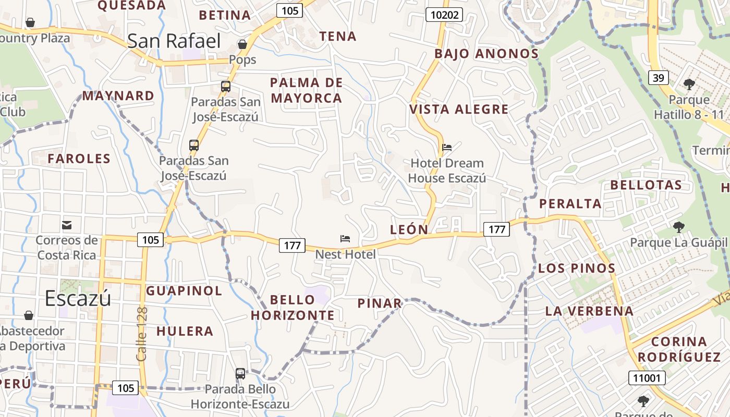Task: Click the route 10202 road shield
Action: (x=445, y=15)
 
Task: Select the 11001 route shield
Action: (x=647, y=378)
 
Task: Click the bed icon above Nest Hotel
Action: (x=345, y=239)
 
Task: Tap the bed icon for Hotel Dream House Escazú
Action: (x=447, y=147)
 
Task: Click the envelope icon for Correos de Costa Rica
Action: (x=67, y=225)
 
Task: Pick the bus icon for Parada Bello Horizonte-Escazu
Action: (x=240, y=373)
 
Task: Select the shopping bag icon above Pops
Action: (x=242, y=44)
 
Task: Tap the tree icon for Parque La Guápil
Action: (x=678, y=227)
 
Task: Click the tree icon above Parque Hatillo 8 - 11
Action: (x=689, y=84)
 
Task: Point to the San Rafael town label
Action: (x=174, y=41)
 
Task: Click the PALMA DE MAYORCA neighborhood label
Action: (x=307, y=90)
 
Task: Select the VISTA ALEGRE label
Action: (x=459, y=109)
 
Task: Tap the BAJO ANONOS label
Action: (x=486, y=54)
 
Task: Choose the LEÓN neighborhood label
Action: (x=409, y=229)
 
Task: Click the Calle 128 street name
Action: (x=142, y=334)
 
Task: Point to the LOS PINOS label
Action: (x=577, y=268)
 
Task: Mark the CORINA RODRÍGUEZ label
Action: (x=679, y=349)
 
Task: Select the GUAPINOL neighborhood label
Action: (x=184, y=290)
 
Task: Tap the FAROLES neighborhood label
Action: (x=79, y=158)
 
